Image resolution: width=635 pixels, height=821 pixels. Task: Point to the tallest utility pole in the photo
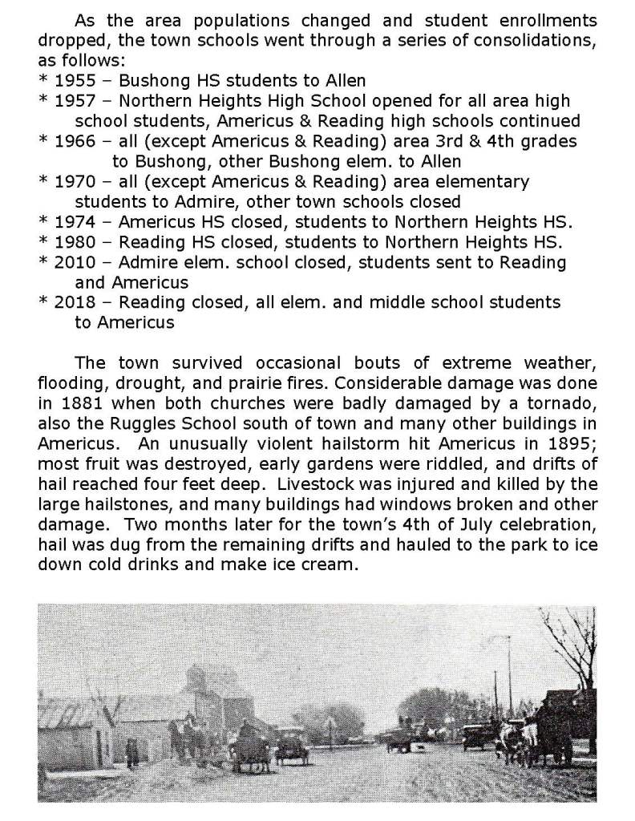[508, 673]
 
